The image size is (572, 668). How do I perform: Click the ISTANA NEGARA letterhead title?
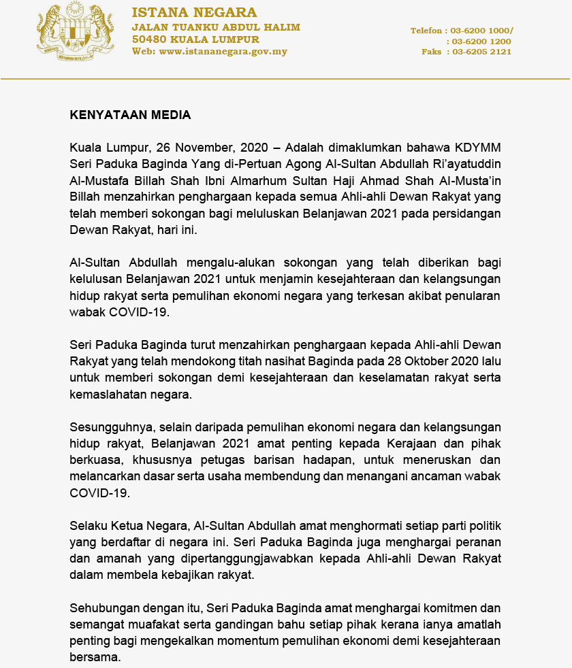[194, 13]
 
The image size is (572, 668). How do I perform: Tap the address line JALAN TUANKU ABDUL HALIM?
[216, 27]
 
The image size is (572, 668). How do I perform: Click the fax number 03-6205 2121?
[482, 52]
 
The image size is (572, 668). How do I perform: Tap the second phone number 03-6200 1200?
[482, 41]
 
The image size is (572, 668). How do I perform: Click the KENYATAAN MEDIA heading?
[130, 115]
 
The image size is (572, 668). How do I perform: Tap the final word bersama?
[94, 657]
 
